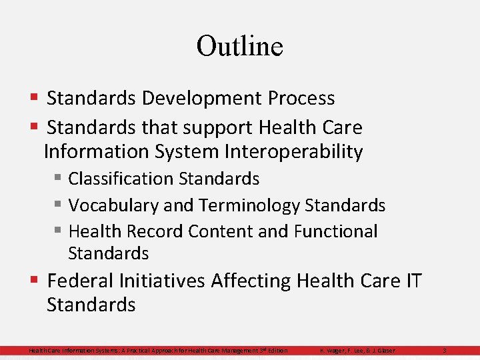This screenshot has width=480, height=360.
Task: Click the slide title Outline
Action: (x=240, y=46)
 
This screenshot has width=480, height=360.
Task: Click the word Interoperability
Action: (x=293, y=152)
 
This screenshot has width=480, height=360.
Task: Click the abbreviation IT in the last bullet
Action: (x=412, y=281)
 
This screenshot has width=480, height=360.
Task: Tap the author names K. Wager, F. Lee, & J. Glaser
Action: (x=357, y=351)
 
